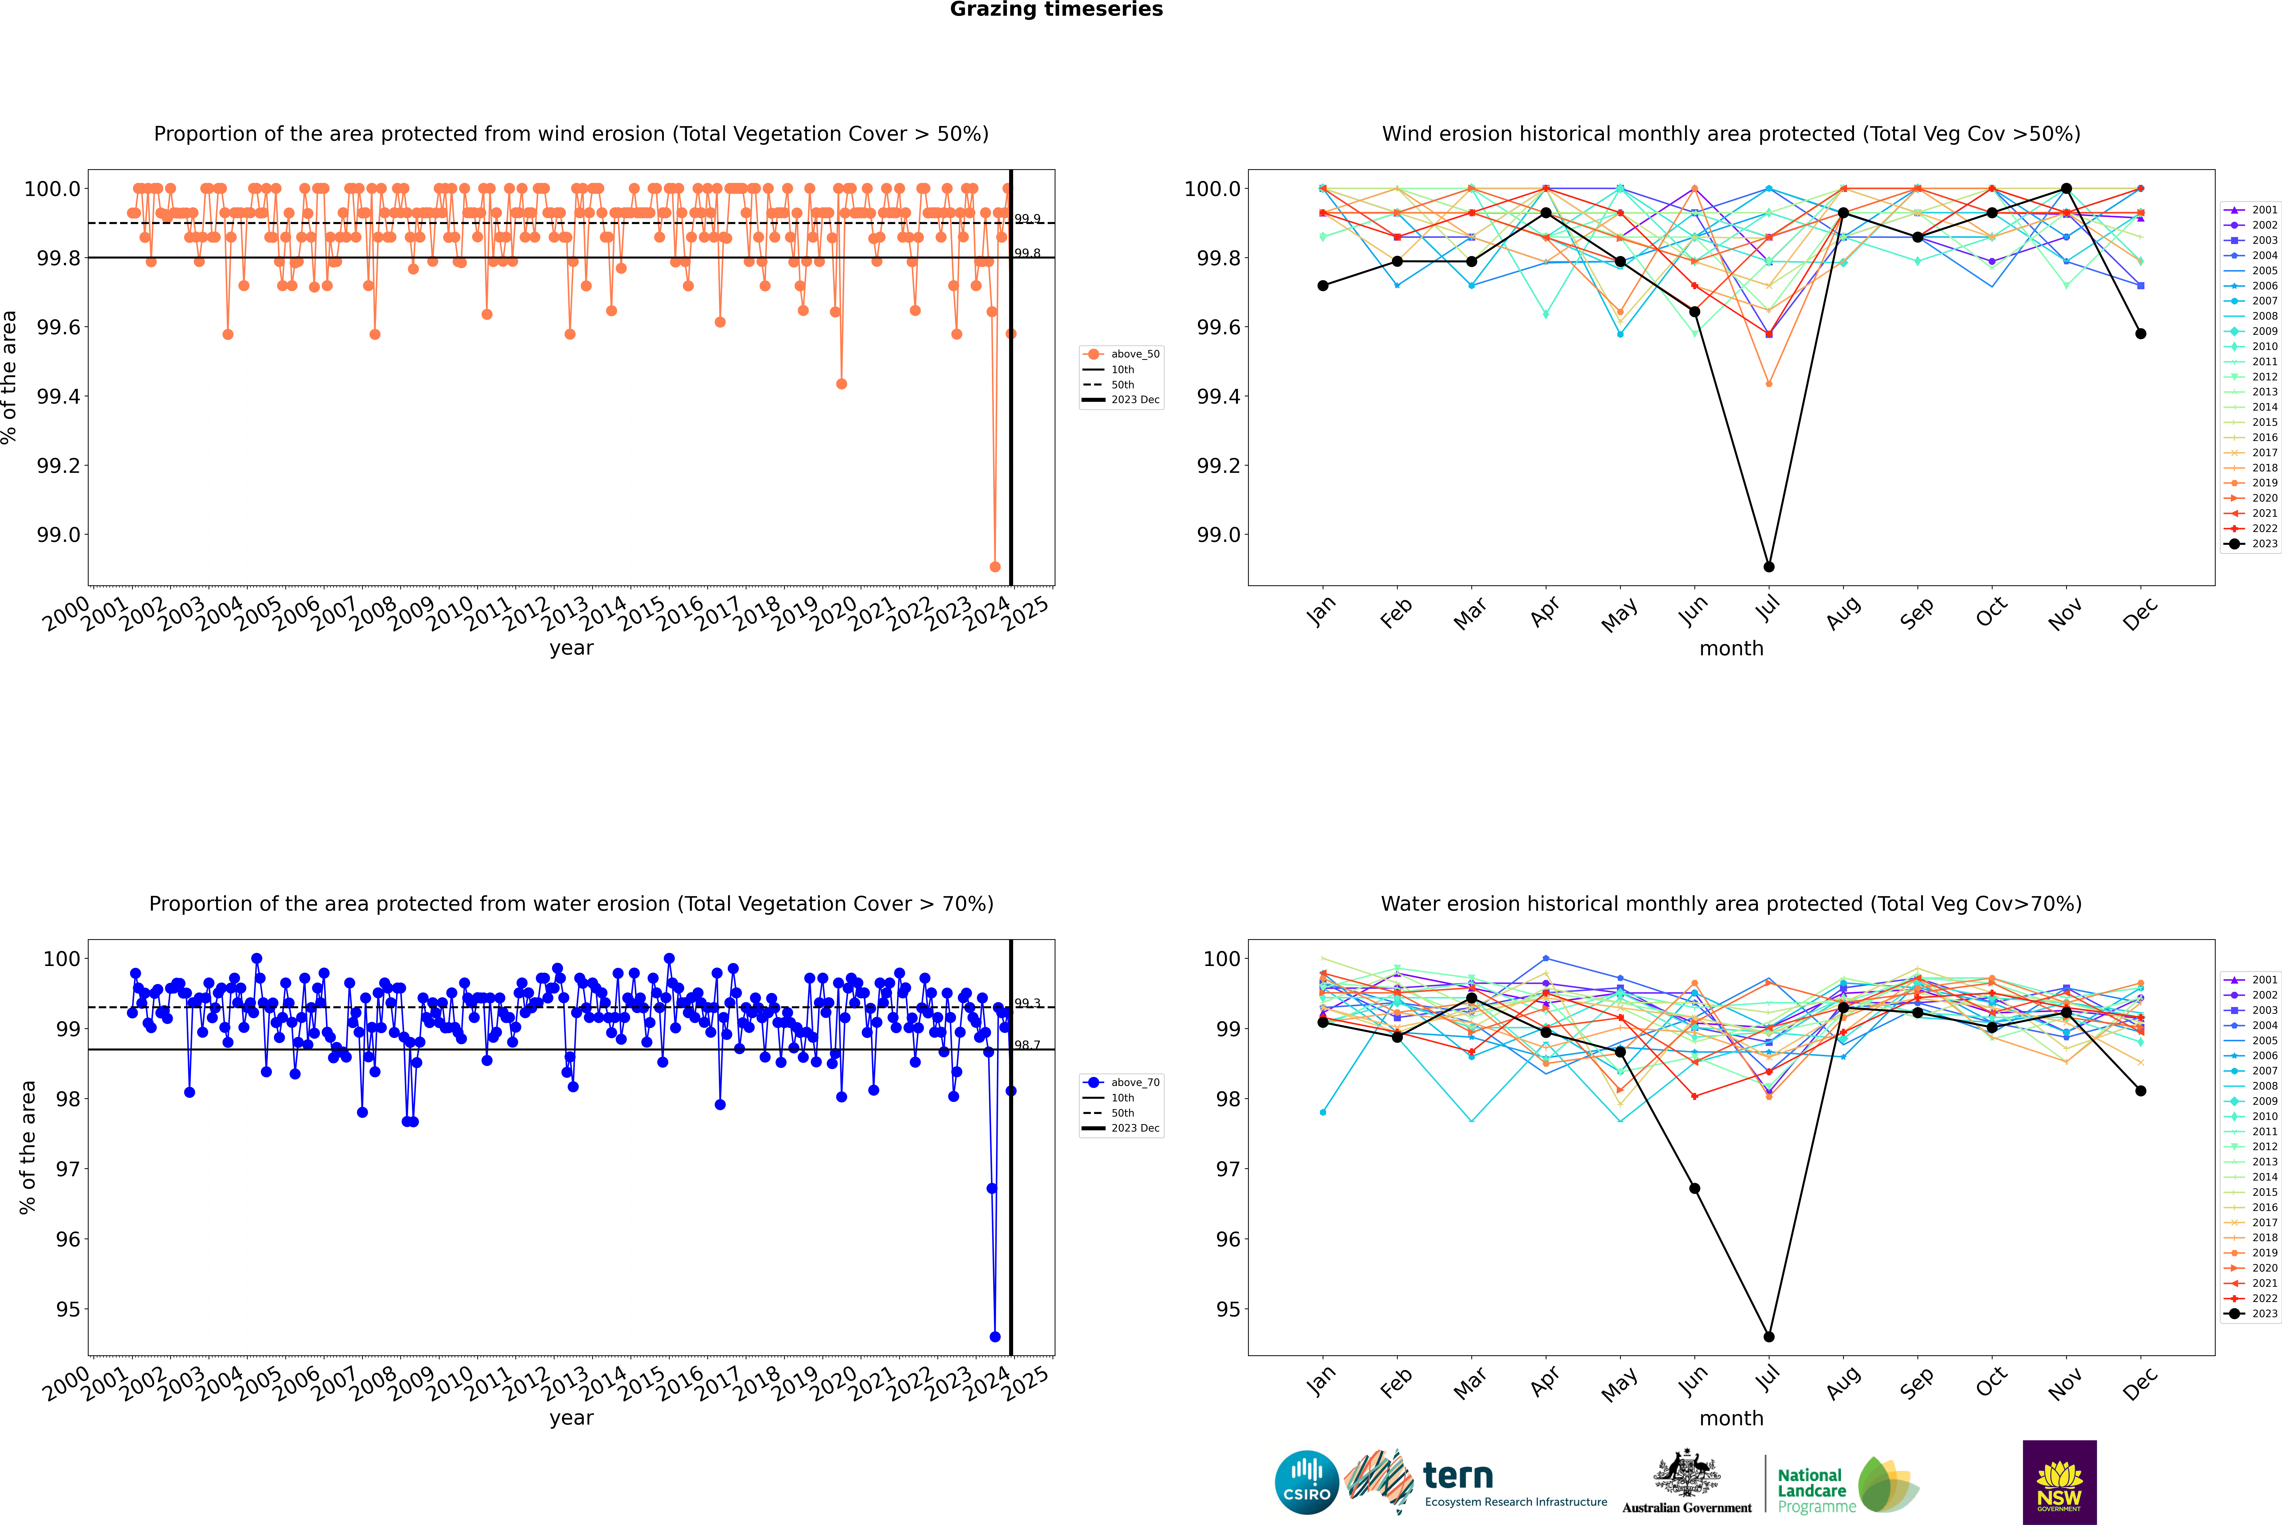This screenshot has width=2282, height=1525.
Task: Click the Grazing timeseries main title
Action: pyautogui.click(x=1056, y=10)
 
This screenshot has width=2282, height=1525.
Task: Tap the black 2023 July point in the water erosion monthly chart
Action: pyautogui.click(x=1768, y=1336)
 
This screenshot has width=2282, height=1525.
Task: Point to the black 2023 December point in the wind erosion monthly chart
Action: pyautogui.click(x=2140, y=334)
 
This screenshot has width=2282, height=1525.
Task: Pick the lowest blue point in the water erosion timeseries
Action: pyautogui.click(x=994, y=1336)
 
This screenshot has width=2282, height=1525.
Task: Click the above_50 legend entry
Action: pyautogui.click(x=1122, y=354)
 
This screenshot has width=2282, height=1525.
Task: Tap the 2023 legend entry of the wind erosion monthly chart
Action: pyautogui.click(x=2251, y=544)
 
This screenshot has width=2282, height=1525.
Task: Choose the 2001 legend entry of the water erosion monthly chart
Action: pyautogui.click(x=2251, y=979)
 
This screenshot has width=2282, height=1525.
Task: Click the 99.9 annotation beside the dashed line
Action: pyautogui.click(x=1027, y=219)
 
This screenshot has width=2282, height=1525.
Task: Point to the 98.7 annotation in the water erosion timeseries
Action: pyautogui.click(x=1027, y=1045)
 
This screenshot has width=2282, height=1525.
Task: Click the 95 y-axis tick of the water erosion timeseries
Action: pyautogui.click(x=68, y=1309)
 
